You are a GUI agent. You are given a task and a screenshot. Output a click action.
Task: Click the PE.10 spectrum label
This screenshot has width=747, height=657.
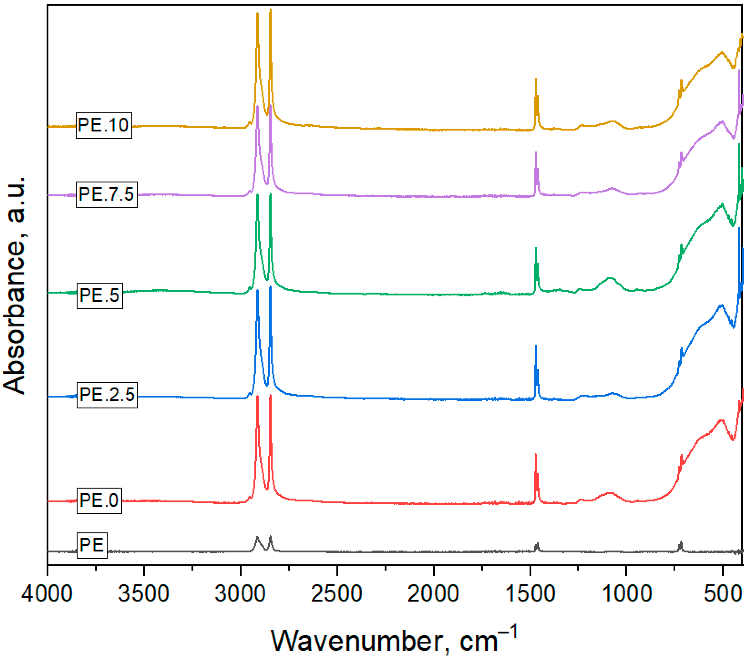104,125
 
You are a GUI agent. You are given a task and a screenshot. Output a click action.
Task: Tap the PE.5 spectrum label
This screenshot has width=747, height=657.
100,295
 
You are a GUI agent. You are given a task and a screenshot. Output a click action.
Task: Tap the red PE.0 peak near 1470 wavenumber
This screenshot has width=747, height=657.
536,455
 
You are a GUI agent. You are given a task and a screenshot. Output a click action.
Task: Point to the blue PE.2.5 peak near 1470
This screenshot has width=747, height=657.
536,346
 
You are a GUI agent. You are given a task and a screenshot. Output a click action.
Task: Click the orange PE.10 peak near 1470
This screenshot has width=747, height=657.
536,79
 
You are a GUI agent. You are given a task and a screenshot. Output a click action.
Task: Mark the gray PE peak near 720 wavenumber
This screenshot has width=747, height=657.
680,543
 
